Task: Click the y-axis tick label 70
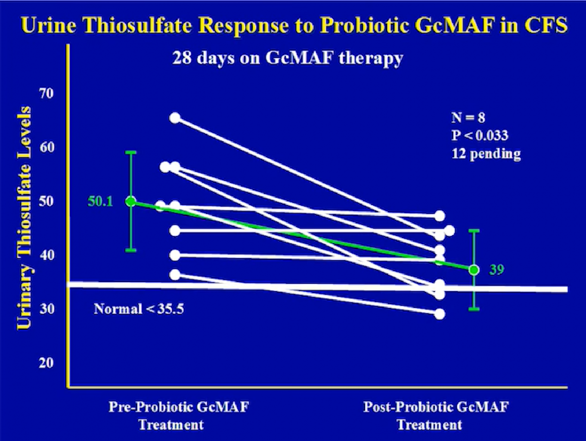pos(47,93)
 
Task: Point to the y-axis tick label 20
pos(47,363)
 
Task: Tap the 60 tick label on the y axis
pos(47,147)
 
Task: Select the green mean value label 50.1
pos(101,202)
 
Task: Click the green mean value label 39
pos(496,270)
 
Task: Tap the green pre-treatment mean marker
pos(131,202)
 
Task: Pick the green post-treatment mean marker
pos(474,270)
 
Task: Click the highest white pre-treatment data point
pos(175,118)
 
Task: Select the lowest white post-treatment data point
pos(440,314)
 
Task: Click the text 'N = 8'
pos(468,118)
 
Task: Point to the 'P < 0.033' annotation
pos(480,136)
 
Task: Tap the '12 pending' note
pos(486,154)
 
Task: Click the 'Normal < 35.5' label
pos(139,309)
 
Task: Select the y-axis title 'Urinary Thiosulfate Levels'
pos(24,218)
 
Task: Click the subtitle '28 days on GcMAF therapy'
pos(288,59)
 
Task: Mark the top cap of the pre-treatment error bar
pos(131,152)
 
